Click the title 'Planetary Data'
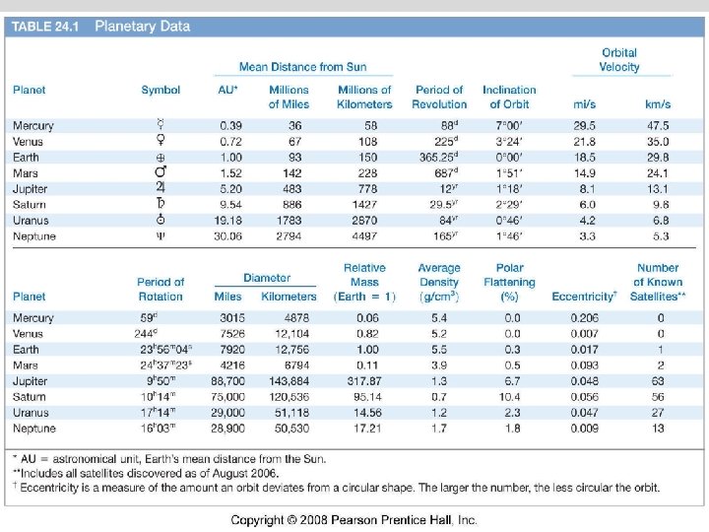pyautogui.click(x=142, y=27)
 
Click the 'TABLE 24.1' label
pyautogui.click(x=46, y=27)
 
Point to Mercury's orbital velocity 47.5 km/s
pyautogui.click(x=657, y=125)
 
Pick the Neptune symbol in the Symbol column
pyautogui.click(x=161, y=236)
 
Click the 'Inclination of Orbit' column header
pyautogui.click(x=509, y=97)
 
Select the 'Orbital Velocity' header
pyautogui.click(x=619, y=60)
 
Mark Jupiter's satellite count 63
pyautogui.click(x=658, y=380)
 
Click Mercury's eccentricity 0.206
pyautogui.click(x=583, y=318)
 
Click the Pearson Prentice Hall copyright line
pyautogui.click(x=354, y=519)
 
